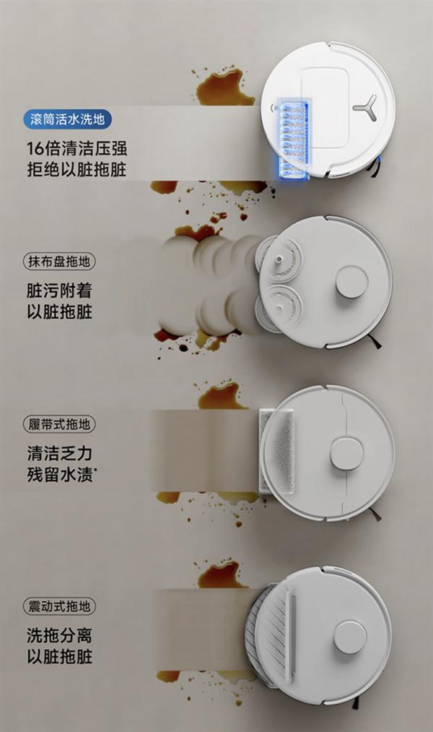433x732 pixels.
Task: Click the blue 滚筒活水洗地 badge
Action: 68,119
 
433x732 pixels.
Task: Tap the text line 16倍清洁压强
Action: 77,148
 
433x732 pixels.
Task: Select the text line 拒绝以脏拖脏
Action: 77,169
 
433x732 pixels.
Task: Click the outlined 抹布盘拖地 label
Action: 59,261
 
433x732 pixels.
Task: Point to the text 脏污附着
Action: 60,290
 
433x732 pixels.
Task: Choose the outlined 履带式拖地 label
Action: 59,424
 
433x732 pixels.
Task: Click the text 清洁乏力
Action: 60,453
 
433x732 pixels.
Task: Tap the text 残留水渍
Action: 60,474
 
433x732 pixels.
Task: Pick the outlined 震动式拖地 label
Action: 59,606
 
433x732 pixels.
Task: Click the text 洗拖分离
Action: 60,635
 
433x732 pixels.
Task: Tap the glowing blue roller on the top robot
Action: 293,139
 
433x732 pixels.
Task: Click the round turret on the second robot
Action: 351,283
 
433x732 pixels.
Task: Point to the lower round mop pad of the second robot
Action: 279,309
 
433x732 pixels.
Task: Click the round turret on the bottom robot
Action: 350,637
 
